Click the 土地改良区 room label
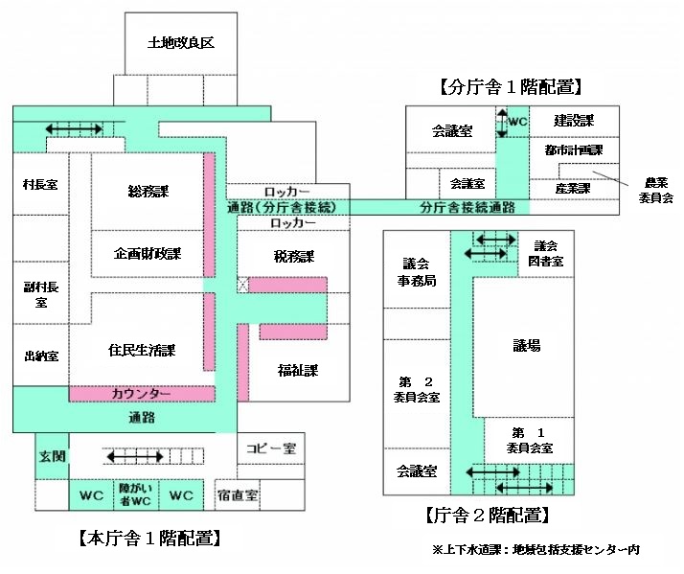[179, 43]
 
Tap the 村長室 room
[40, 184]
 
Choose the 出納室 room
[40, 356]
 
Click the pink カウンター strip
[141, 394]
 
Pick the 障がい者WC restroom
[135, 494]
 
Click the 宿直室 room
[238, 495]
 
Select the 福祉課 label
[297, 369]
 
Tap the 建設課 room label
[575, 121]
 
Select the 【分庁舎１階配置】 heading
[511, 87]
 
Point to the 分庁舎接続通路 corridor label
[467, 207]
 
